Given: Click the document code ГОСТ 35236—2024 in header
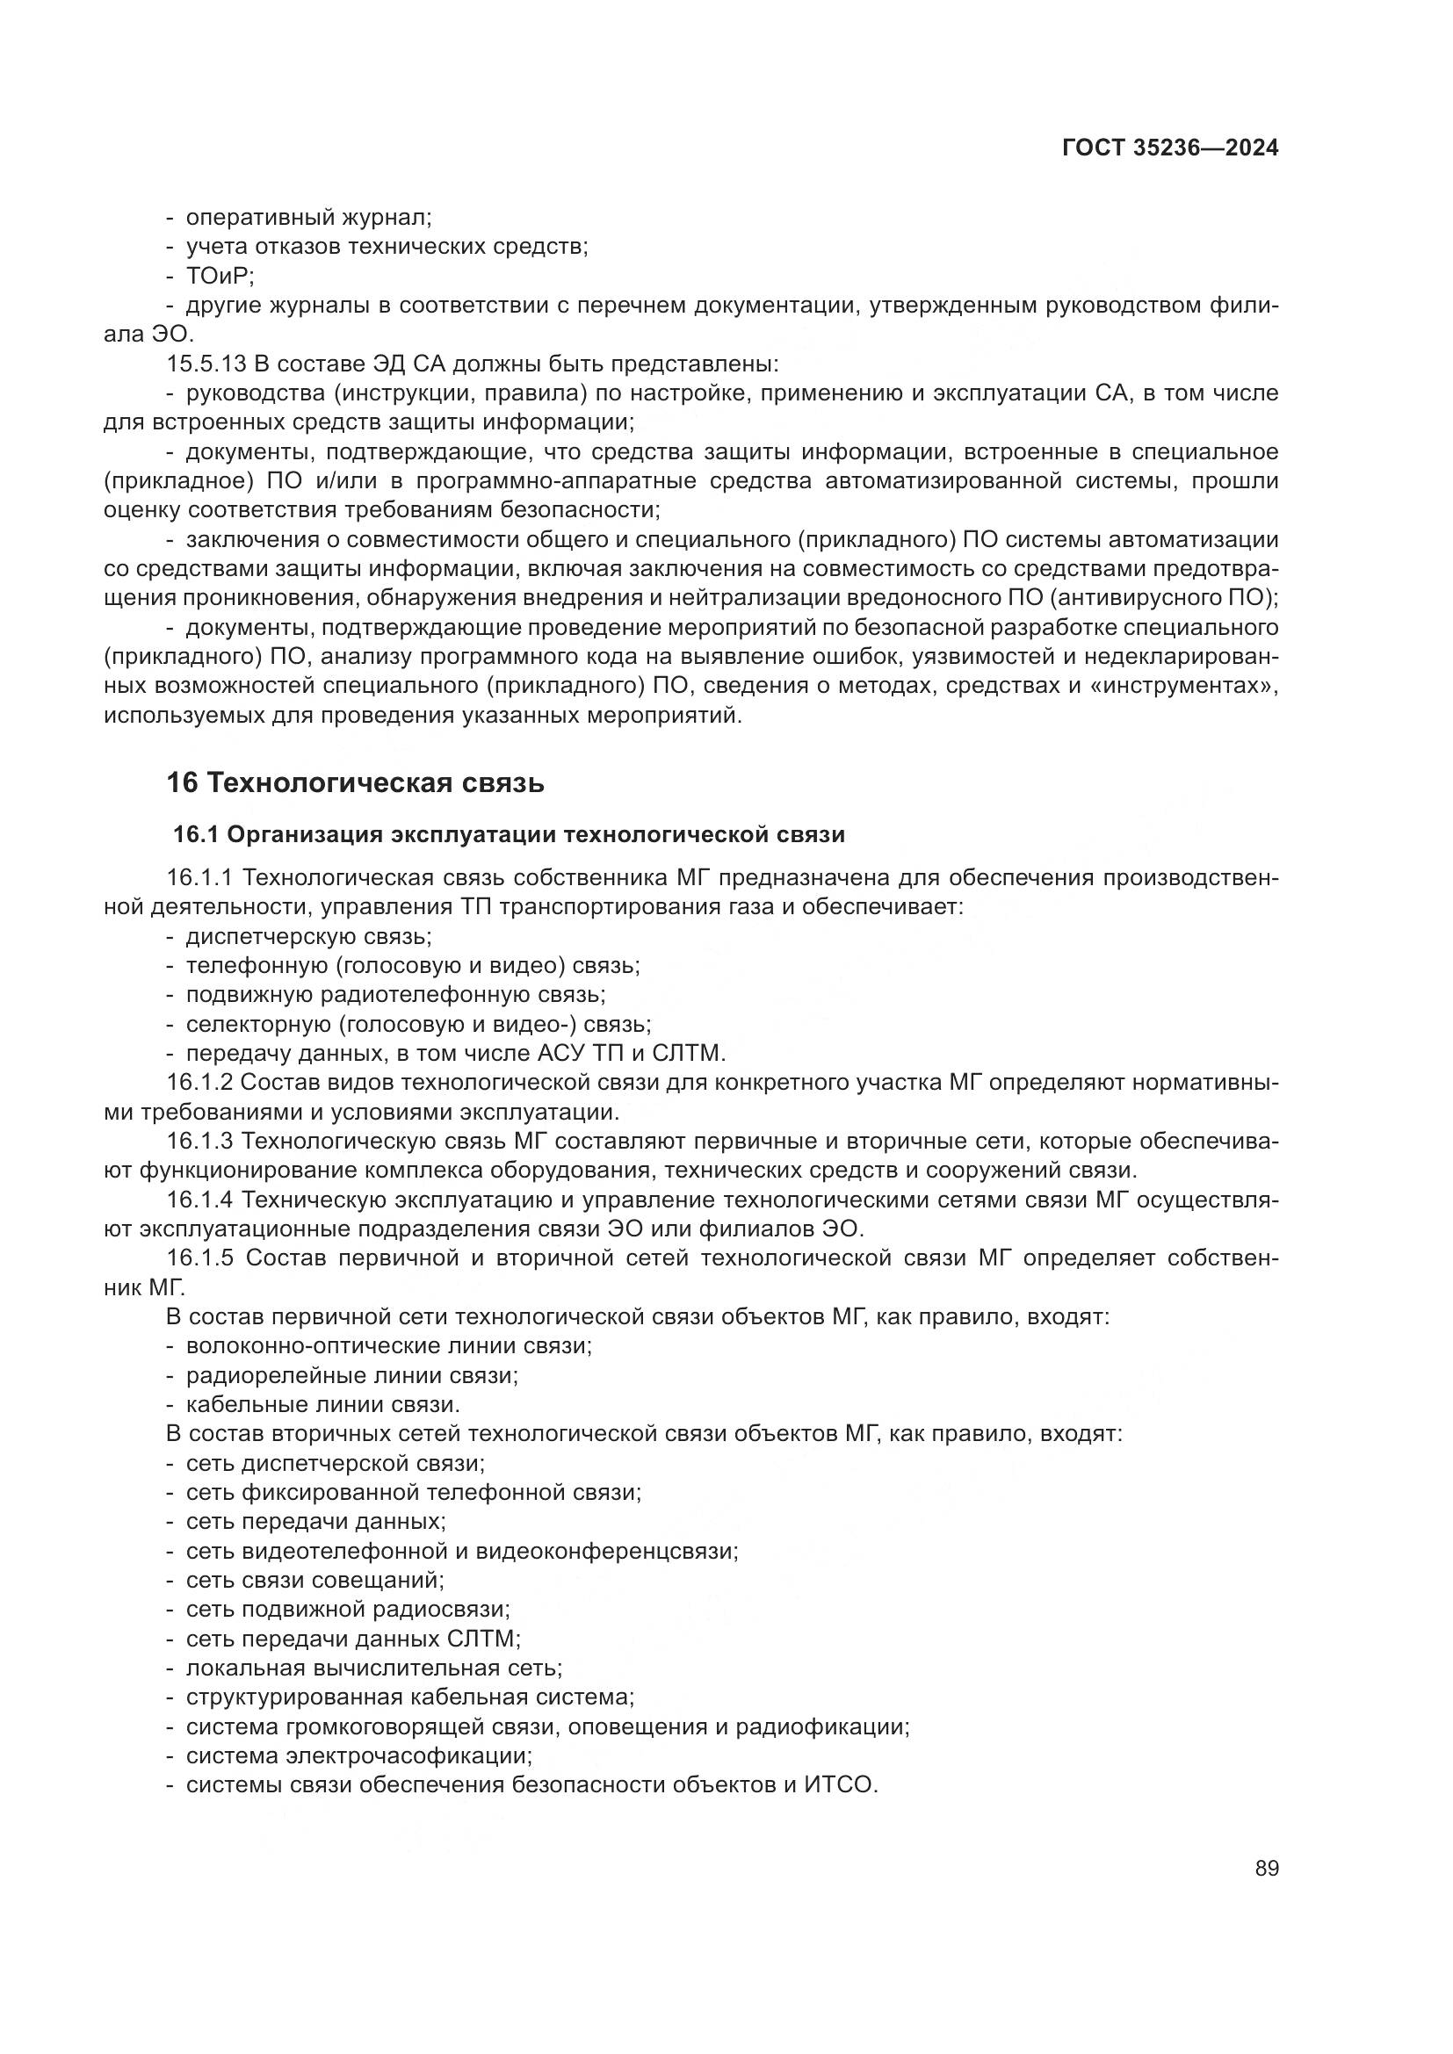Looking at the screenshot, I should coord(1169,148).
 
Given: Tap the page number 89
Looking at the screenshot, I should coord(1266,1869).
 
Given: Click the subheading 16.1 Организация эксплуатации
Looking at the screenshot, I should coord(508,834).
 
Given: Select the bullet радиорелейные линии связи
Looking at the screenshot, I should coord(351,1375).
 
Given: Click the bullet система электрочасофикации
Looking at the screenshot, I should coord(358,1755).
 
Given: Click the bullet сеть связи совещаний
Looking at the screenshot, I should coord(314,1580).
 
